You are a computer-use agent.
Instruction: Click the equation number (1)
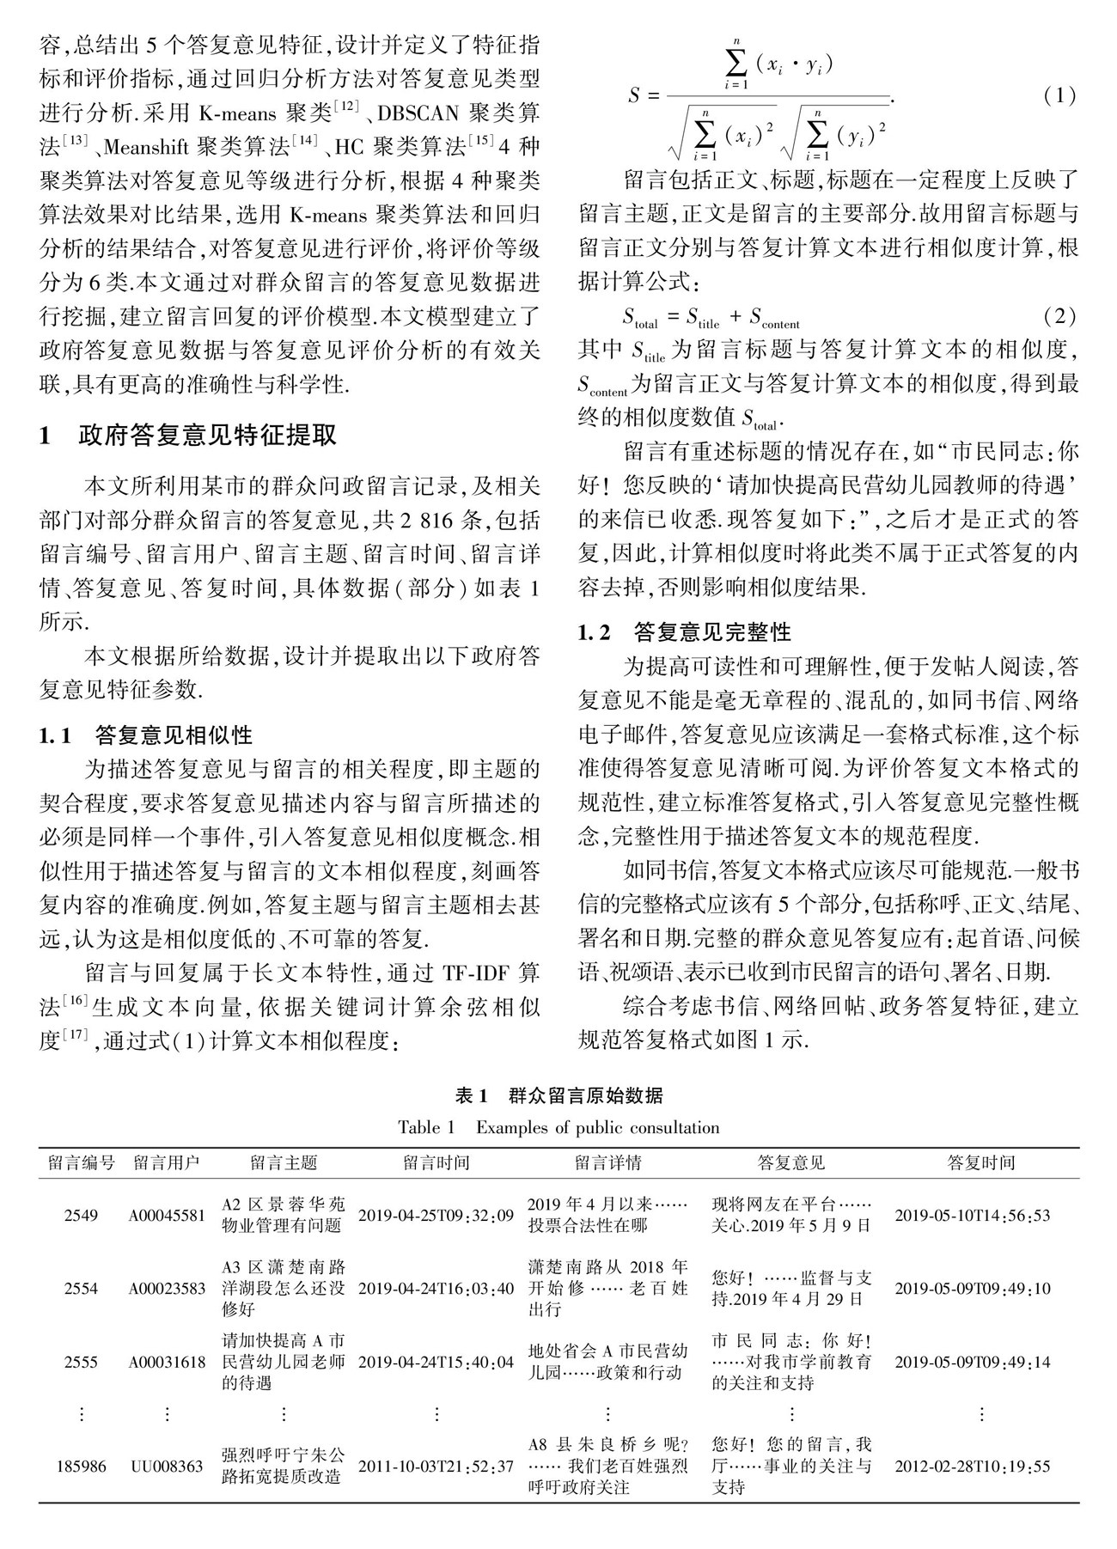[1059, 95]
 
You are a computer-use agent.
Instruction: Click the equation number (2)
[1059, 316]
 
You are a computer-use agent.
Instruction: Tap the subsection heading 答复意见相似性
[174, 735]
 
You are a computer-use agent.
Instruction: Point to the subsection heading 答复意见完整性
[712, 633]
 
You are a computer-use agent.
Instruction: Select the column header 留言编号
[82, 1163]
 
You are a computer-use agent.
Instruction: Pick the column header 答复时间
[981, 1163]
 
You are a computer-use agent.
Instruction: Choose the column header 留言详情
[607, 1163]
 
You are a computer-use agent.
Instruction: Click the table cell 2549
[82, 1216]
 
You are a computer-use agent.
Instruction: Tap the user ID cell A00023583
[168, 1289]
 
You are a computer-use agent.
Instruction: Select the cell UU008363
[168, 1466]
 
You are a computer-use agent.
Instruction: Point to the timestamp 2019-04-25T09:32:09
[436, 1216]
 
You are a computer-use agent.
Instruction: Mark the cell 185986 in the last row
[82, 1466]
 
